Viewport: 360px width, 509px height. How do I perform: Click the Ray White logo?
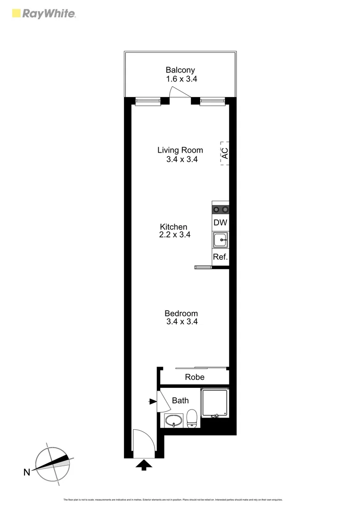click(43, 14)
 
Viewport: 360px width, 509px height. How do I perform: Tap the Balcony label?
click(180, 70)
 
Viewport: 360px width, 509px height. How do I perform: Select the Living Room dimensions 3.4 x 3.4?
click(181, 159)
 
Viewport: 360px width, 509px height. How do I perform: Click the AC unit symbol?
click(225, 153)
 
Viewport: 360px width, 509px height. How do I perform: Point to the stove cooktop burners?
click(221, 209)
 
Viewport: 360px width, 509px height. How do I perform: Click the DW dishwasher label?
click(221, 222)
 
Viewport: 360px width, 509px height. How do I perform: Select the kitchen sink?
click(221, 240)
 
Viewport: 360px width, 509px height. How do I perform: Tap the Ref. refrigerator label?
click(221, 257)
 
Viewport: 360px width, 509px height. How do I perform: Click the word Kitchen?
click(173, 227)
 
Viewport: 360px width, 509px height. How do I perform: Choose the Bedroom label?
click(181, 313)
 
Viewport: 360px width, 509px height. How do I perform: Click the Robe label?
click(194, 377)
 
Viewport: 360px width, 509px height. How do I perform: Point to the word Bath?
click(180, 401)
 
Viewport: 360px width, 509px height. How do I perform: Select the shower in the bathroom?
click(215, 403)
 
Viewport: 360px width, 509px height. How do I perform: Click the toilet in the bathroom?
click(192, 418)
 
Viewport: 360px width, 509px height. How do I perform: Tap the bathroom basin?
click(174, 420)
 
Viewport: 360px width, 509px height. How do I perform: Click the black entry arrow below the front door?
click(144, 466)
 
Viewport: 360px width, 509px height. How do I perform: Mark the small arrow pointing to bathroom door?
click(152, 402)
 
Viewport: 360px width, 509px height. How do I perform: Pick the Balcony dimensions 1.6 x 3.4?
click(181, 79)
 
